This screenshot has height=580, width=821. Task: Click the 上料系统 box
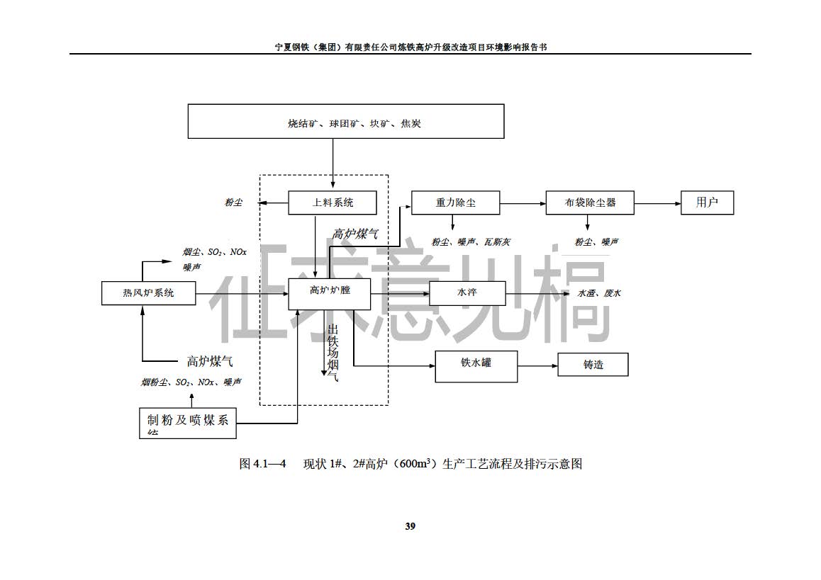coord(333,203)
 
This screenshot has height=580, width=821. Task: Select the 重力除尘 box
coord(455,203)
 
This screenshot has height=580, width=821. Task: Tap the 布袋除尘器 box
coord(590,203)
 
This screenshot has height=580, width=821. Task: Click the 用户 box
coord(707,203)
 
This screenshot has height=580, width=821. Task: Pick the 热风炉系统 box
coord(148,292)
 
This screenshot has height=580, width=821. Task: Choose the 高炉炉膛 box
coord(330,292)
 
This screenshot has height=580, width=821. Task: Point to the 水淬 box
coord(467,292)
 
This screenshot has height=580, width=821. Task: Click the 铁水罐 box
coord(476,365)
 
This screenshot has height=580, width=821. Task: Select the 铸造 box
coord(593,365)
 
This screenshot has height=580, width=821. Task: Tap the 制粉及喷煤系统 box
coord(187,422)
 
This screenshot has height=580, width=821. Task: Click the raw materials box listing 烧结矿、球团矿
coord(345,121)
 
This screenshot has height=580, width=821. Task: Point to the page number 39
coord(410,526)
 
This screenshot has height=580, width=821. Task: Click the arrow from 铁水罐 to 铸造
coord(537,366)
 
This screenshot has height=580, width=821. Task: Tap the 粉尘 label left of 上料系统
coord(233,203)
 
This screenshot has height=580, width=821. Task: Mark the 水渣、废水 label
coord(599,293)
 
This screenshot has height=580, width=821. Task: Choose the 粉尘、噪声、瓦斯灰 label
coord(471,242)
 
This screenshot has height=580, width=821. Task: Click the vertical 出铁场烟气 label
coord(332,352)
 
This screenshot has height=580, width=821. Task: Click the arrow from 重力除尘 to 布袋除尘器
coord(523,203)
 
